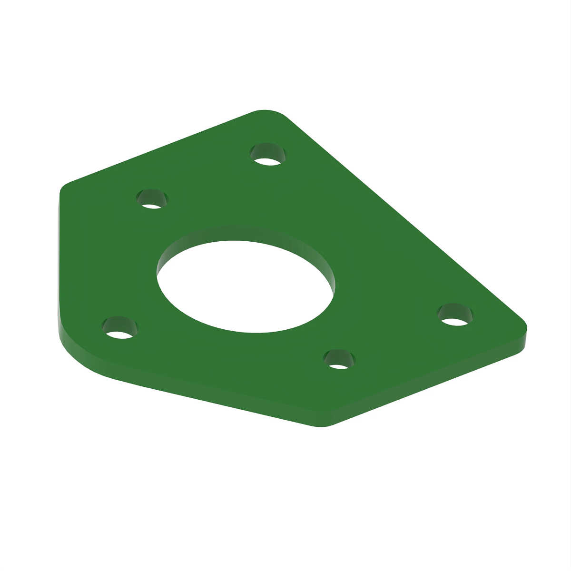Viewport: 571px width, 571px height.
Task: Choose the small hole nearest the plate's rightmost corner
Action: tap(456, 315)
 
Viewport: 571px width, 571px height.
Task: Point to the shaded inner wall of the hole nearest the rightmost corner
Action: tap(456, 310)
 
